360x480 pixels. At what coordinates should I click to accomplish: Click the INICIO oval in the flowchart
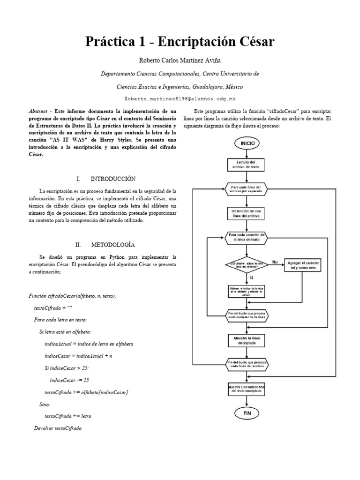247,143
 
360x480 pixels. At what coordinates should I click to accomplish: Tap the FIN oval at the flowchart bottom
247,413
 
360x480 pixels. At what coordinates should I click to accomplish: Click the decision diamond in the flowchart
247,265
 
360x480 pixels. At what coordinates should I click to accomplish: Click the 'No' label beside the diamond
275,262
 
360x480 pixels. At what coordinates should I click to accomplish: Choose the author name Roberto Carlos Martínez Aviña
180,60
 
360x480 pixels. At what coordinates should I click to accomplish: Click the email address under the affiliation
180,99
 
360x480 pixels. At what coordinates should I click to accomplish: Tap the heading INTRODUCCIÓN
113,179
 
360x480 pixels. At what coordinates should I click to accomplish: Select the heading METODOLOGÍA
113,245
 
